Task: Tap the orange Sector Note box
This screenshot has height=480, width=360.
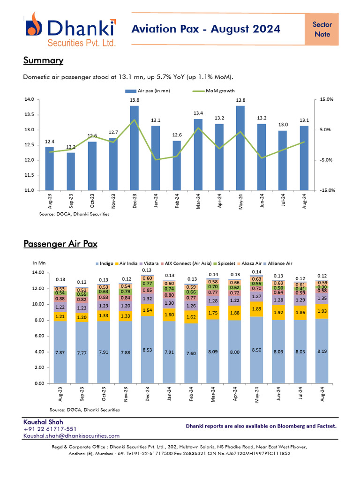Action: click(x=322, y=29)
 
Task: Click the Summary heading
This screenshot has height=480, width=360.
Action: click(x=43, y=60)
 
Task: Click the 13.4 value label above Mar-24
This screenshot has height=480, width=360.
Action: click(x=198, y=113)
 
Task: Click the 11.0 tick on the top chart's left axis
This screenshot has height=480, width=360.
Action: click(x=30, y=190)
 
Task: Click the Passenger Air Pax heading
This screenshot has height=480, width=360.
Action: click(x=60, y=244)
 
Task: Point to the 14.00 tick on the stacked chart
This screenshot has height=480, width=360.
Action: click(x=38, y=272)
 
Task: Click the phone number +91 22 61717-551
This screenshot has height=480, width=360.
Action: click(x=50, y=429)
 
